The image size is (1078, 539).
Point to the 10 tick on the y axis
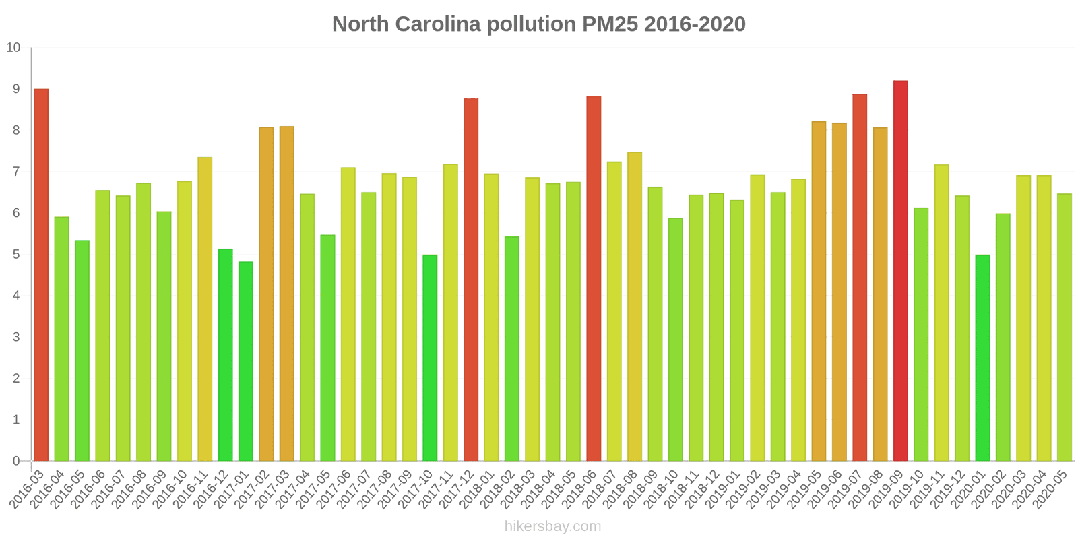click(13, 48)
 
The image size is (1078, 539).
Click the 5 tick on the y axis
click(17, 255)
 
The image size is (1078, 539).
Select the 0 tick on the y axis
click(17, 462)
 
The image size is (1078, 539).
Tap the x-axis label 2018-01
click(480, 489)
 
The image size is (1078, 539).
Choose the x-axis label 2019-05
click(807, 489)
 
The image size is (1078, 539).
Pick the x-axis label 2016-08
click(131, 489)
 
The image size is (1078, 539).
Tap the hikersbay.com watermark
click(552, 526)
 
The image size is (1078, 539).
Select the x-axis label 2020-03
click(1012, 489)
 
